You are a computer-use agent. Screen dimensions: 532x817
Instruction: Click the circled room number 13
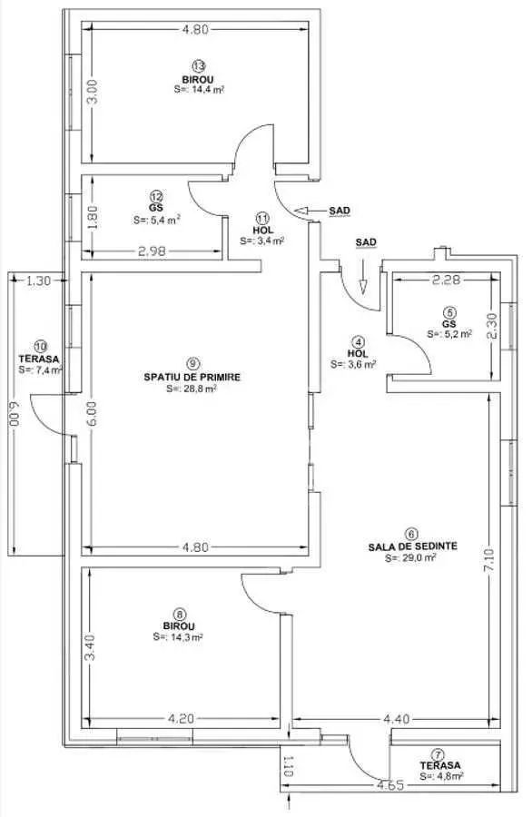click(198, 66)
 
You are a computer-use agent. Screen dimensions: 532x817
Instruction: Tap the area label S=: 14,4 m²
click(199, 90)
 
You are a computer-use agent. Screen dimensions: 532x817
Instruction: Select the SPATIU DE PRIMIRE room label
click(192, 377)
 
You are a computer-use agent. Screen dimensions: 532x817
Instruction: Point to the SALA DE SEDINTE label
click(413, 546)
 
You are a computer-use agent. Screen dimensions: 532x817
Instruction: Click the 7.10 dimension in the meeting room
click(490, 559)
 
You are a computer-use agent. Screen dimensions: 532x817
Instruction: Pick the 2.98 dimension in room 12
click(153, 251)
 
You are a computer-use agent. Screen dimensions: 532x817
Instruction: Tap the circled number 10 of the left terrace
click(40, 346)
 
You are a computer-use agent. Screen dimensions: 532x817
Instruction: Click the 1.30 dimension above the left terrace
click(38, 281)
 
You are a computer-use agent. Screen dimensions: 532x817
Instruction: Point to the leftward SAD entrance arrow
click(309, 211)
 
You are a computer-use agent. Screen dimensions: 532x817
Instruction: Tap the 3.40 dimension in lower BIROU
click(90, 646)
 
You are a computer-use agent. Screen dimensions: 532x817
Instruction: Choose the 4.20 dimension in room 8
click(182, 719)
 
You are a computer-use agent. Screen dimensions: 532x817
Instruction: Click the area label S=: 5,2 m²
click(449, 334)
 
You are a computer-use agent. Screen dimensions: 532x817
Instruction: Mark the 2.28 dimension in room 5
click(447, 280)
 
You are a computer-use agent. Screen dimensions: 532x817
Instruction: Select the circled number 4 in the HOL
click(358, 342)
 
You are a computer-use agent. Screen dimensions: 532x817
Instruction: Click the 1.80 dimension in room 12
click(92, 217)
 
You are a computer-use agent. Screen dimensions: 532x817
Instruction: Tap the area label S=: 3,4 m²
click(262, 241)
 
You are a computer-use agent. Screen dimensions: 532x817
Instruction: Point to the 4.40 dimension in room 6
click(397, 720)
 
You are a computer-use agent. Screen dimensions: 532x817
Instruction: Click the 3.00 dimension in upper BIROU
click(92, 91)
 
